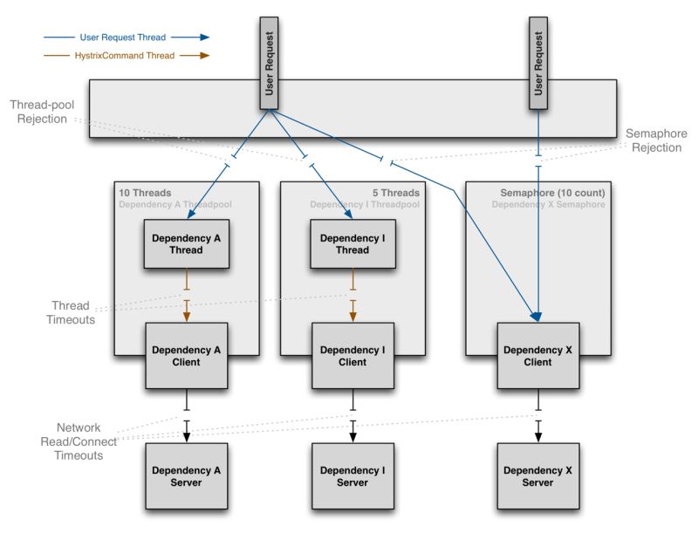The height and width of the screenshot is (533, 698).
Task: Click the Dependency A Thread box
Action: tap(187, 243)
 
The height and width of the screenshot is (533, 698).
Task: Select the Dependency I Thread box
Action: tap(352, 243)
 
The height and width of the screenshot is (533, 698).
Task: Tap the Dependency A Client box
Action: tap(187, 356)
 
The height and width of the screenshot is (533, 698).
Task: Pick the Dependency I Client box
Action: tap(352, 356)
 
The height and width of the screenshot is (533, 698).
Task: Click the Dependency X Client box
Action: tap(538, 356)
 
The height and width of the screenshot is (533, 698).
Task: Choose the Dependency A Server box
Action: tap(187, 476)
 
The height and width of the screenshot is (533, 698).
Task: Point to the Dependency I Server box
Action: tap(352, 476)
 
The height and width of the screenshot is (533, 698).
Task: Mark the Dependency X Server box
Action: tap(538, 476)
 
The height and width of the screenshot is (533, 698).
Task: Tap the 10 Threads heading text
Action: tap(144, 193)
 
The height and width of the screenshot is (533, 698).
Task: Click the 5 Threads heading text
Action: tap(395, 193)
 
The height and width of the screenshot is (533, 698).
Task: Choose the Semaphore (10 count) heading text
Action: tap(552, 193)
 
